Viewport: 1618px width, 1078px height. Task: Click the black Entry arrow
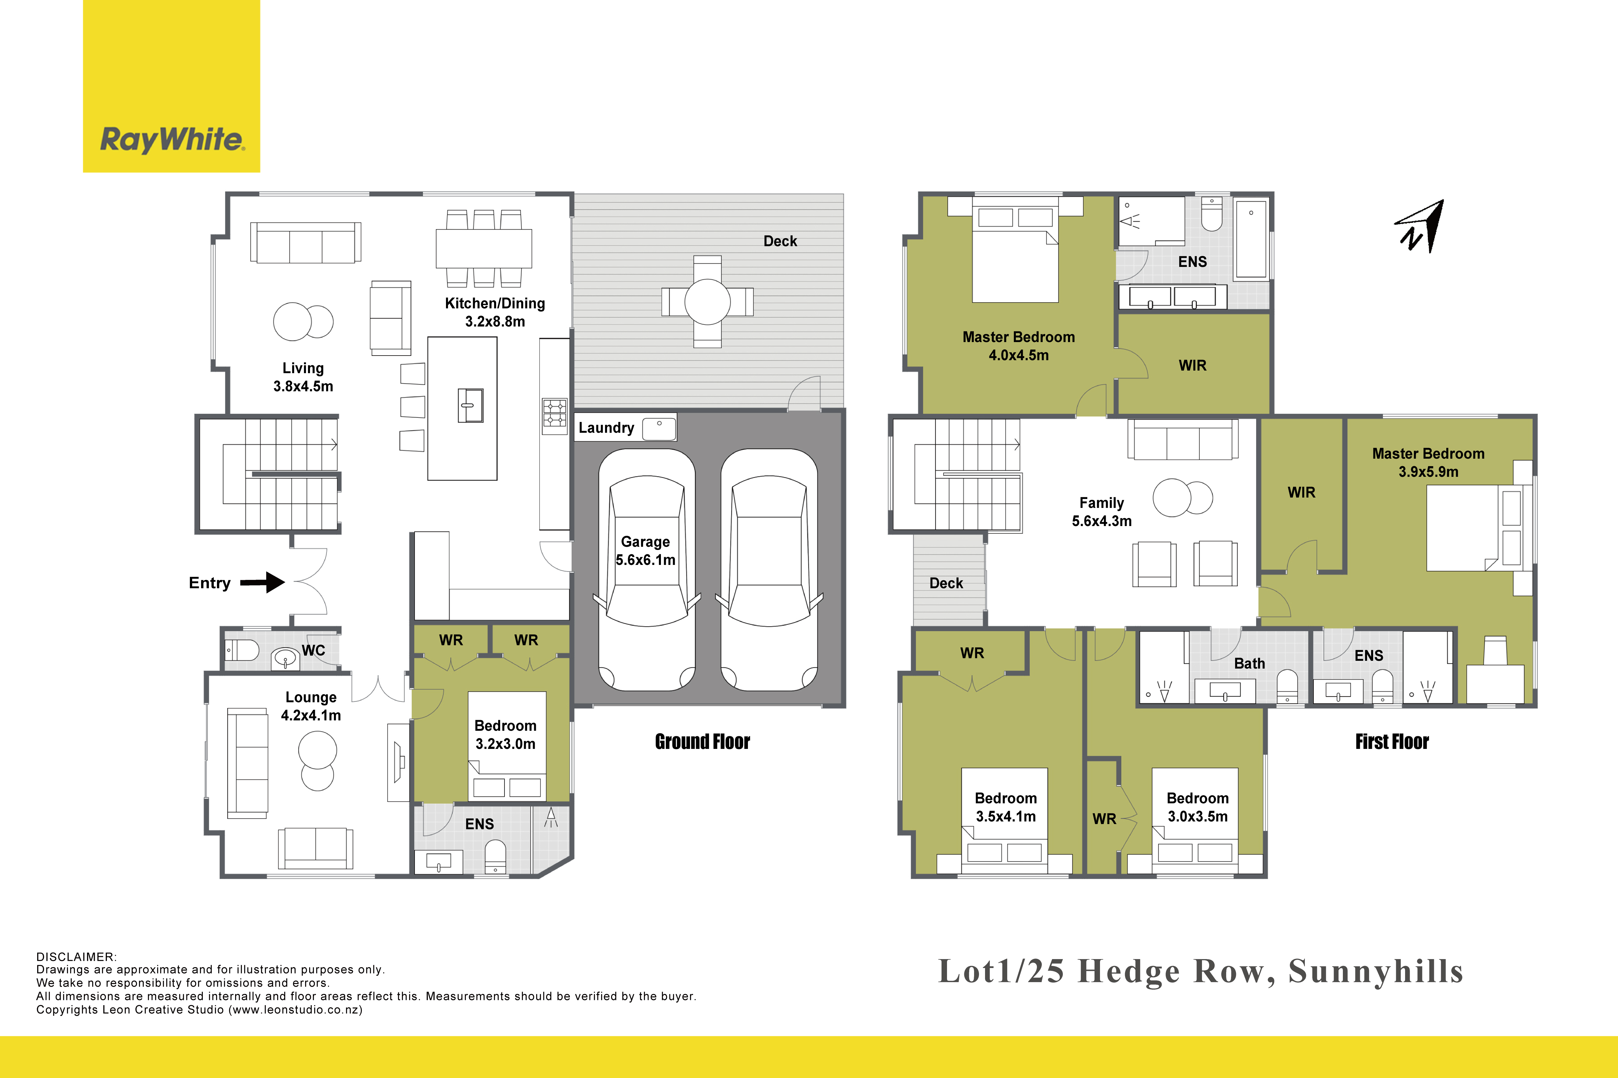[x=262, y=582]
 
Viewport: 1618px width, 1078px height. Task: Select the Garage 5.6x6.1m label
[x=645, y=551]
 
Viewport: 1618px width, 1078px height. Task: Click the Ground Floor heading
[x=702, y=742]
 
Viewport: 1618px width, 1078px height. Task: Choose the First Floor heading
[x=1392, y=742]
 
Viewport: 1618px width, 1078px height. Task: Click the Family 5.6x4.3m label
[x=1101, y=511]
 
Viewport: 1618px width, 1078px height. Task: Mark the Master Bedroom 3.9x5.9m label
[x=1428, y=462]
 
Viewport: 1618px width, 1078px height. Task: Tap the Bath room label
[x=1249, y=663]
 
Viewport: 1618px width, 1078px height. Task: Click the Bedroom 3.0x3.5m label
[x=1198, y=807]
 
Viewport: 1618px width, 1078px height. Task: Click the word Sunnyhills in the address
[x=1376, y=971]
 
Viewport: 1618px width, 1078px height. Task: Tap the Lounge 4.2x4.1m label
[x=311, y=706]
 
